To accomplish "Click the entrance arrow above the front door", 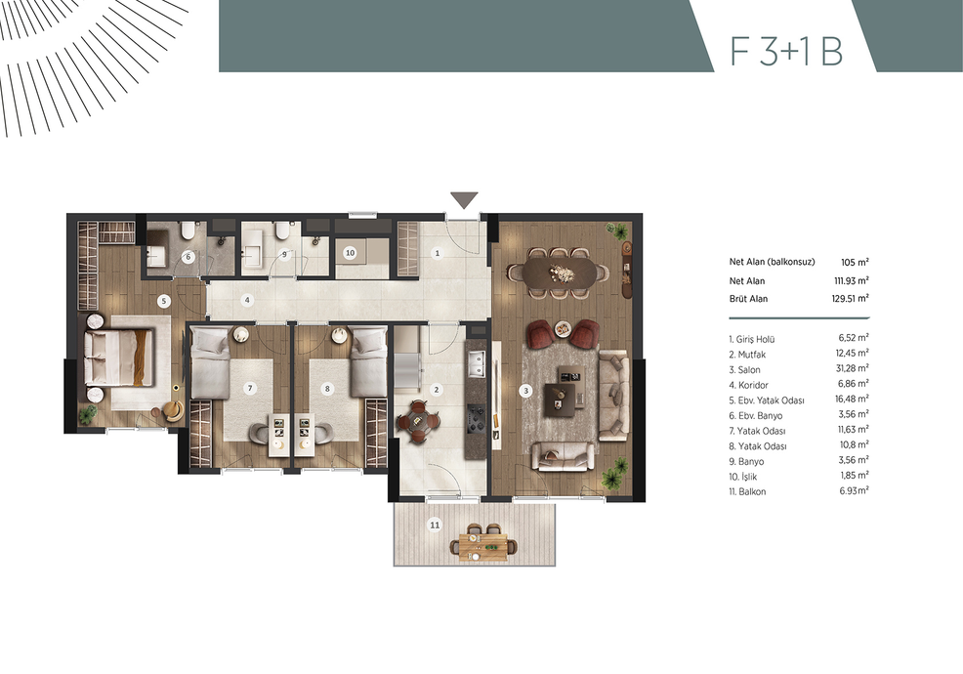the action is [x=464, y=200].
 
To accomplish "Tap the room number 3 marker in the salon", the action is [x=525, y=390].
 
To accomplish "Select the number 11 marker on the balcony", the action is [x=435, y=525].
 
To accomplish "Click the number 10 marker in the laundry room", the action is [x=350, y=253].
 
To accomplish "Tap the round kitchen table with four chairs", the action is [x=418, y=421].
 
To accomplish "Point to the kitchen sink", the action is [x=476, y=363].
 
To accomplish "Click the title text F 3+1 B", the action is [x=787, y=51].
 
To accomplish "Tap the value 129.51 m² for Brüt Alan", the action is [x=850, y=299].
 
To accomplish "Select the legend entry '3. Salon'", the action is [x=744, y=370].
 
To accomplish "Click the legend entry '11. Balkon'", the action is [x=747, y=491].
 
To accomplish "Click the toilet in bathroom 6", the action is [x=188, y=231].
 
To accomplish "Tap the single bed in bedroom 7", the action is [x=210, y=362].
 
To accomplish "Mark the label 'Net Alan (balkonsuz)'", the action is [x=772, y=262].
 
